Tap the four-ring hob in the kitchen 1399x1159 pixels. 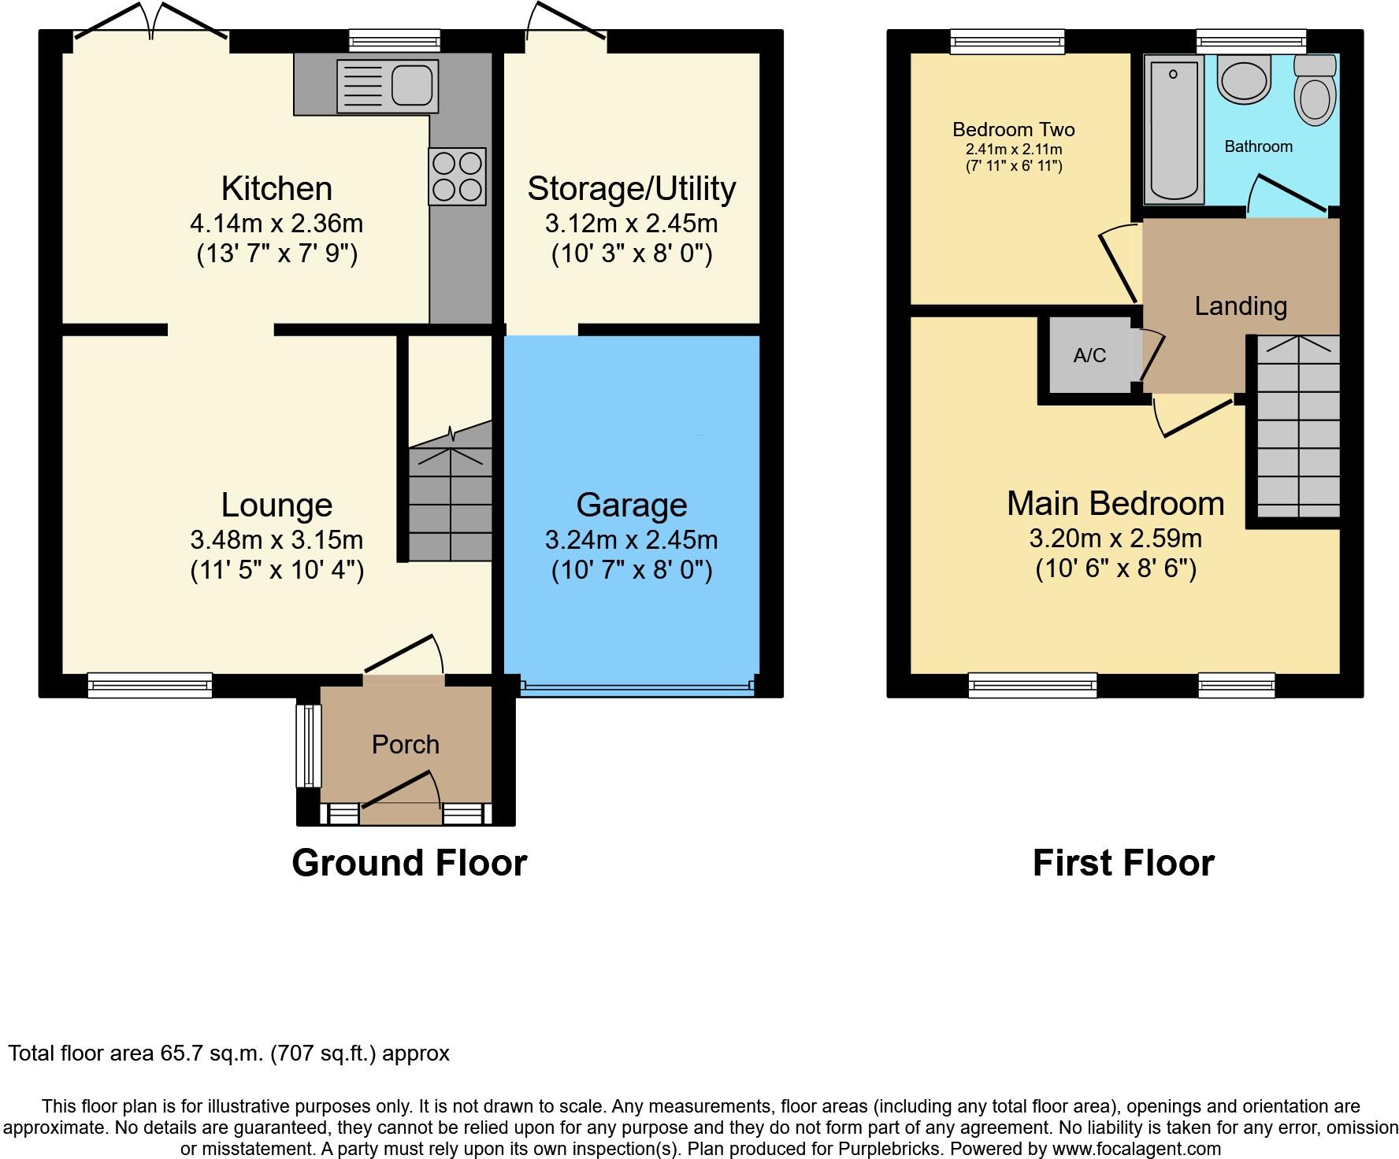coord(457,176)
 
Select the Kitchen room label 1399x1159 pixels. coord(276,189)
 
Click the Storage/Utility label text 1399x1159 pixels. coord(631,189)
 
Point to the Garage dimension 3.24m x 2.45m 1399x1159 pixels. coord(631,540)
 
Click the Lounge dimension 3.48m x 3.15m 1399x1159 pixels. coord(276,540)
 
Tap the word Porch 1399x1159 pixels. coord(405,744)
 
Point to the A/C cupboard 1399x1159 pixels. coord(1089,356)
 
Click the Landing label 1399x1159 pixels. coord(1241,306)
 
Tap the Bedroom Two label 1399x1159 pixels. coord(1013,129)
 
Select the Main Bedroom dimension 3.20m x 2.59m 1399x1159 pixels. coord(1115,539)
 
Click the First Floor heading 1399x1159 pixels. coord(1123,863)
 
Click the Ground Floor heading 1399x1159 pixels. coord(409,863)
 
